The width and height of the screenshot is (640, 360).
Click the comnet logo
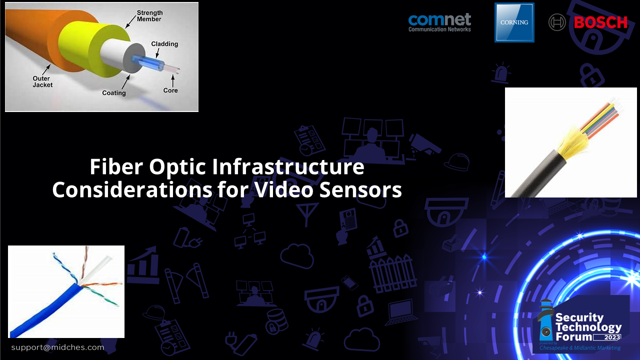439,22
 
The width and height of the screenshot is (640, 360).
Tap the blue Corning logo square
514,22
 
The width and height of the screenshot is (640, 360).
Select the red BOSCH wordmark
600,22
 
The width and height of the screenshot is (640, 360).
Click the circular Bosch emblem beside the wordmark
557,22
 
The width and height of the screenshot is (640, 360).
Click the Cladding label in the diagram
164,44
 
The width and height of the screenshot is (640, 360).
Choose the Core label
170,90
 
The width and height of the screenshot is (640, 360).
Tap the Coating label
114,93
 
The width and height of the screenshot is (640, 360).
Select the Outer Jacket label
43,81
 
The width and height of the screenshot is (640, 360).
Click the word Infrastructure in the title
288,167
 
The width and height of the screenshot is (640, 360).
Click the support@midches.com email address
58,347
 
